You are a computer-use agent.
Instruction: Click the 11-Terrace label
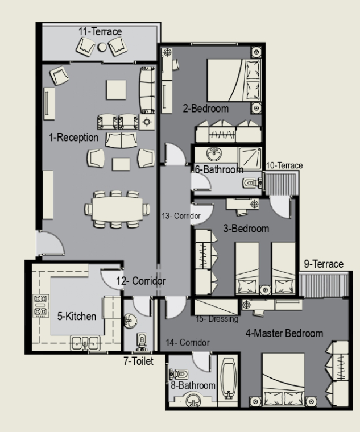pyautogui.click(x=100, y=32)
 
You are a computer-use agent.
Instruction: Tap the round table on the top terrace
pyautogui.click(x=102, y=47)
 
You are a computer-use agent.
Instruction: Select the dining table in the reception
pyautogui.click(x=117, y=209)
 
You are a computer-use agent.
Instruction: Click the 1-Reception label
pyautogui.click(x=73, y=137)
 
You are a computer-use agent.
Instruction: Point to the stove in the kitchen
pyautogui.click(x=41, y=305)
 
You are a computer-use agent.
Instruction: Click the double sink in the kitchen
pyautogui.click(x=85, y=343)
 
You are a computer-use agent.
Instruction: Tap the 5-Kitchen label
pyautogui.click(x=77, y=316)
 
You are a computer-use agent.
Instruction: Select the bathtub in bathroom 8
pyautogui.click(x=228, y=378)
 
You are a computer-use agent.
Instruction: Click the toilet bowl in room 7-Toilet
pyautogui.click(x=142, y=342)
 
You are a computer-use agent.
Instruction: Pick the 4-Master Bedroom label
pyautogui.click(x=284, y=333)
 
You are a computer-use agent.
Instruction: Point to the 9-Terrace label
pyautogui.click(x=324, y=264)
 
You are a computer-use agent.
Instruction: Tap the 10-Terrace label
pyautogui.click(x=284, y=165)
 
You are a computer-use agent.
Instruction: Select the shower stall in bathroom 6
pyautogui.click(x=250, y=159)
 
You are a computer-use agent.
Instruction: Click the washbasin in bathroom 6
pyautogui.click(x=214, y=154)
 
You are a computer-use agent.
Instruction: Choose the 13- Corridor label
pyautogui.click(x=181, y=216)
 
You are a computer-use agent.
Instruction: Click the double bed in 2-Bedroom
pyautogui.click(x=234, y=80)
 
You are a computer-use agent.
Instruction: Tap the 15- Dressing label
pyautogui.click(x=217, y=319)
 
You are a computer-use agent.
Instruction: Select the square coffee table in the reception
pyautogui.click(x=116, y=90)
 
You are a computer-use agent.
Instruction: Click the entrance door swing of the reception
pyautogui.click(x=51, y=243)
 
